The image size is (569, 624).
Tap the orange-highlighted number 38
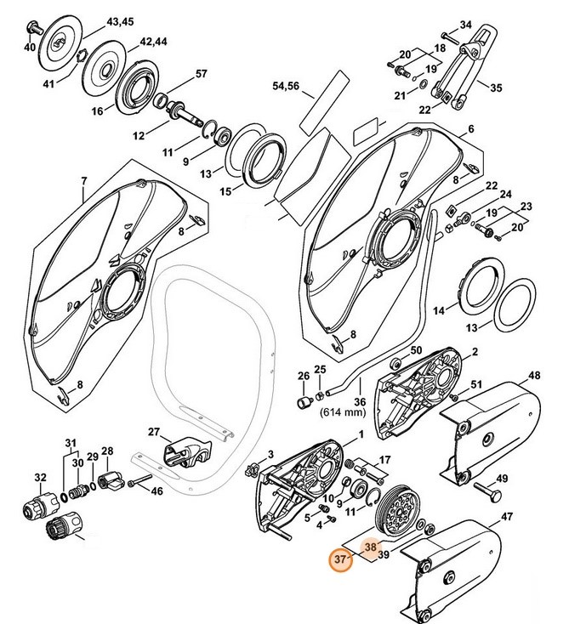click(x=370, y=549)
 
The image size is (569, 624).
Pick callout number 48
click(x=533, y=375)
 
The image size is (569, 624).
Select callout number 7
click(x=83, y=180)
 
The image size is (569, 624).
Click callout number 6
click(x=469, y=130)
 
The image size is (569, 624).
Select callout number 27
click(x=154, y=432)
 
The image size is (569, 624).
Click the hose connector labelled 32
click(x=35, y=508)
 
